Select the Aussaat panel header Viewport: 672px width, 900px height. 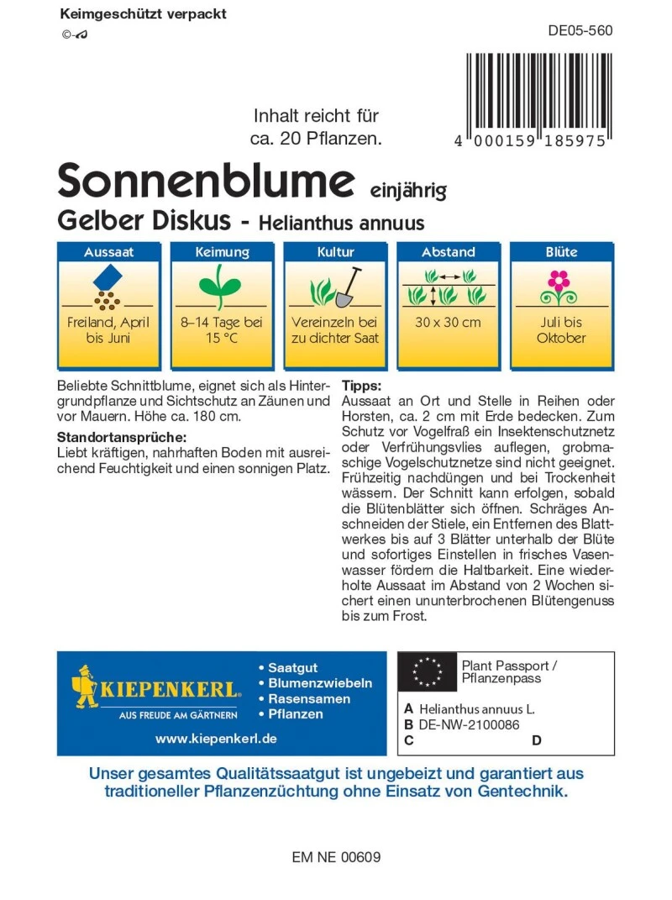pos(108,252)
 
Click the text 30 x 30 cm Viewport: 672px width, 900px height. pos(448,323)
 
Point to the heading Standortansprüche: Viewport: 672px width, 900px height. pos(121,437)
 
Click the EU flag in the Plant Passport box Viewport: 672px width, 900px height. pos(427,671)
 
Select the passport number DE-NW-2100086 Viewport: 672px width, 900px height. pos(469,724)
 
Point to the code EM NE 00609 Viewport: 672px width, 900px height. pos(337,858)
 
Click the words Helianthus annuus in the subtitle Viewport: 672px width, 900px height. pos(341,224)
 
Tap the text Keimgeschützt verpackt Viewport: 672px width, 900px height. pos(144,14)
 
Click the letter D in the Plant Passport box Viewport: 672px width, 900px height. pos(537,740)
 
